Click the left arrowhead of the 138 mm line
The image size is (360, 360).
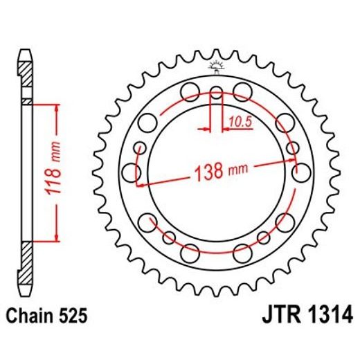pos(139,185)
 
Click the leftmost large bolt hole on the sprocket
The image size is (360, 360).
pos(129,170)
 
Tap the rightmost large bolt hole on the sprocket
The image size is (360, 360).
pos(303,171)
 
